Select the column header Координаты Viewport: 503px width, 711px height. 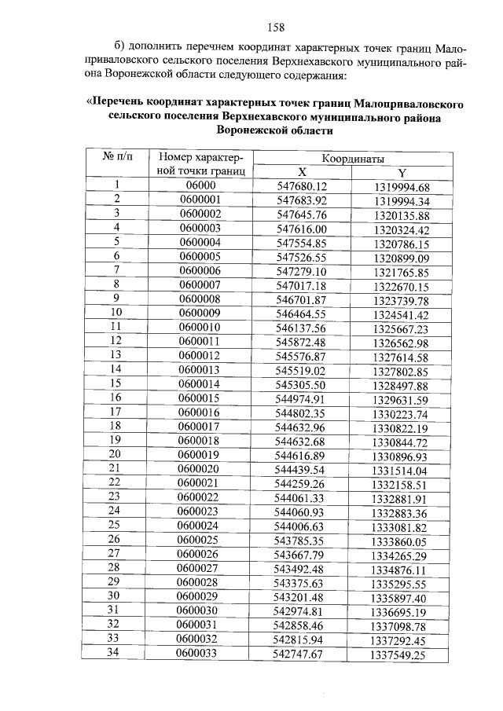pos(351,158)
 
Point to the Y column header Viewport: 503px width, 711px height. pos(402,172)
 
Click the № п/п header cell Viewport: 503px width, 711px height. pos(116,157)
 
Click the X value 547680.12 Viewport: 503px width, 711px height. pos(302,186)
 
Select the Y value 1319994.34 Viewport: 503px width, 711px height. pos(402,200)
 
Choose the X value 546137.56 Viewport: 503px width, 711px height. pos(302,327)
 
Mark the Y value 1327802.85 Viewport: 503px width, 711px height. pos(402,369)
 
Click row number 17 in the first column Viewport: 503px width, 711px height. pos(116,412)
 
